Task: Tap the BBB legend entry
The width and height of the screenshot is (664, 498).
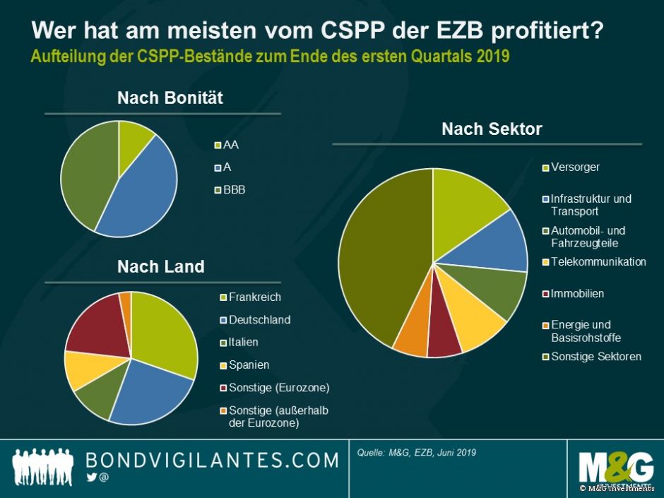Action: click(x=234, y=190)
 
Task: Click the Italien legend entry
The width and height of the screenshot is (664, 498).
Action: click(x=243, y=342)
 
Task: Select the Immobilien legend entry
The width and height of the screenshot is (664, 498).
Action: click(x=577, y=294)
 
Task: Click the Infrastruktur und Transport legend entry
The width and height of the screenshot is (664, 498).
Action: click(x=591, y=205)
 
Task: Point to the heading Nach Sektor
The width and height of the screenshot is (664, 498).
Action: click(x=492, y=129)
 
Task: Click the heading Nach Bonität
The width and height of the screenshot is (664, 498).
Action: click(x=170, y=98)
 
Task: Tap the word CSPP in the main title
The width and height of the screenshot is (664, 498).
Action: click(x=360, y=31)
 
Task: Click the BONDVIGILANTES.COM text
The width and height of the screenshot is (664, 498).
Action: click(x=212, y=461)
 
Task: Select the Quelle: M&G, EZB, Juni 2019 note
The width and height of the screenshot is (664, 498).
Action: click(x=417, y=453)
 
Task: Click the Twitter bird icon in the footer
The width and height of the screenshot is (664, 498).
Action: click(x=90, y=478)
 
